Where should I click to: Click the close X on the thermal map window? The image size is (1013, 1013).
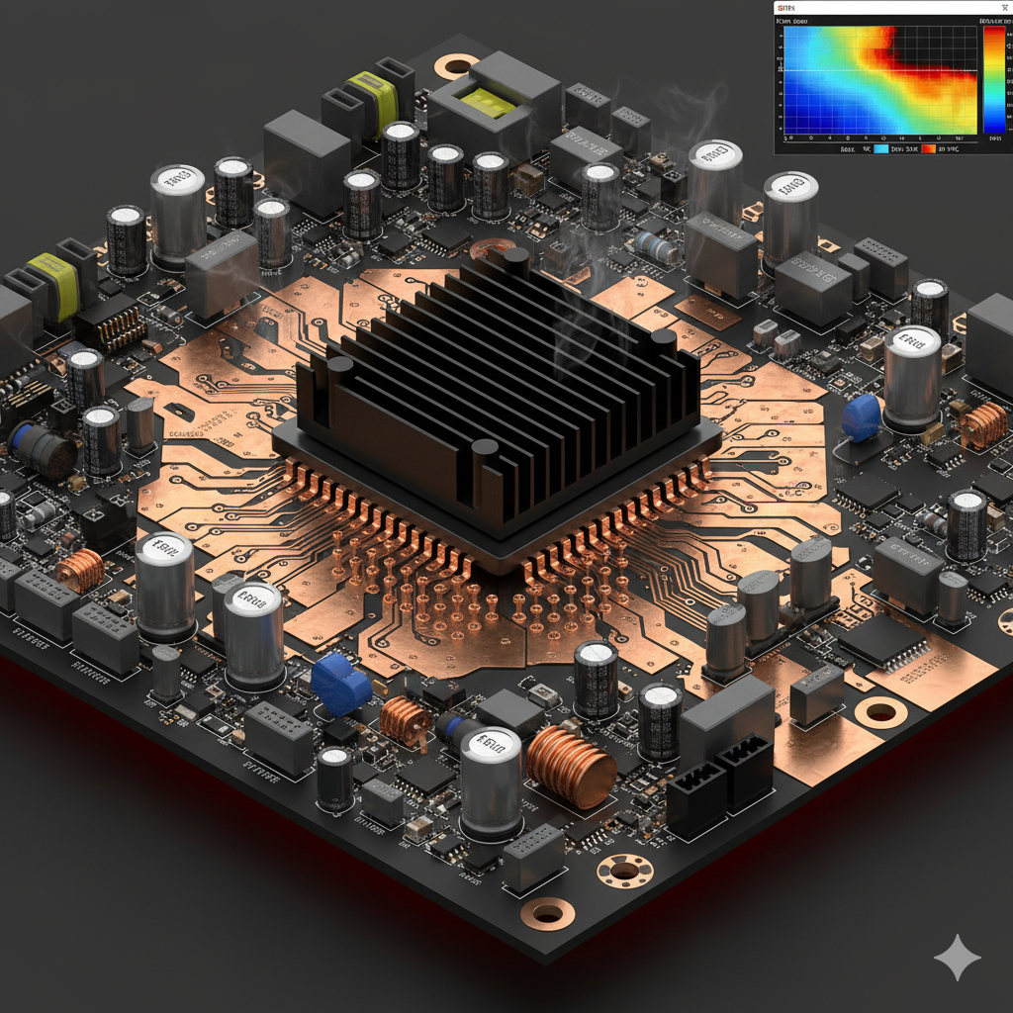coord(1004,8)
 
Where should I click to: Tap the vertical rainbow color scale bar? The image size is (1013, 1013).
coord(993,79)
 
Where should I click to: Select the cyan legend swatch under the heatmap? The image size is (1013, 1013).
coord(881,148)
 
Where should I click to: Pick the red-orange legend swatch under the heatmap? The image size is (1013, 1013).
coord(928,148)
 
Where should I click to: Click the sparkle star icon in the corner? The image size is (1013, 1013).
coord(957,957)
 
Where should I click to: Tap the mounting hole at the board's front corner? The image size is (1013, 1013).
coord(547,912)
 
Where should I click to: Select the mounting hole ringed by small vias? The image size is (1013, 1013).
coord(624,871)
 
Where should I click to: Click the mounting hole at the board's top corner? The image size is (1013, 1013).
coord(456,67)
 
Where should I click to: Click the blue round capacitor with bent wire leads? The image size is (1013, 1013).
coord(861,418)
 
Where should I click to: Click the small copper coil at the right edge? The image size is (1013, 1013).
coord(983,424)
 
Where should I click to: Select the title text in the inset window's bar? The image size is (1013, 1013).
coord(788,7)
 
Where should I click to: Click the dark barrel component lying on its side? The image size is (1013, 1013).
coord(42,450)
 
